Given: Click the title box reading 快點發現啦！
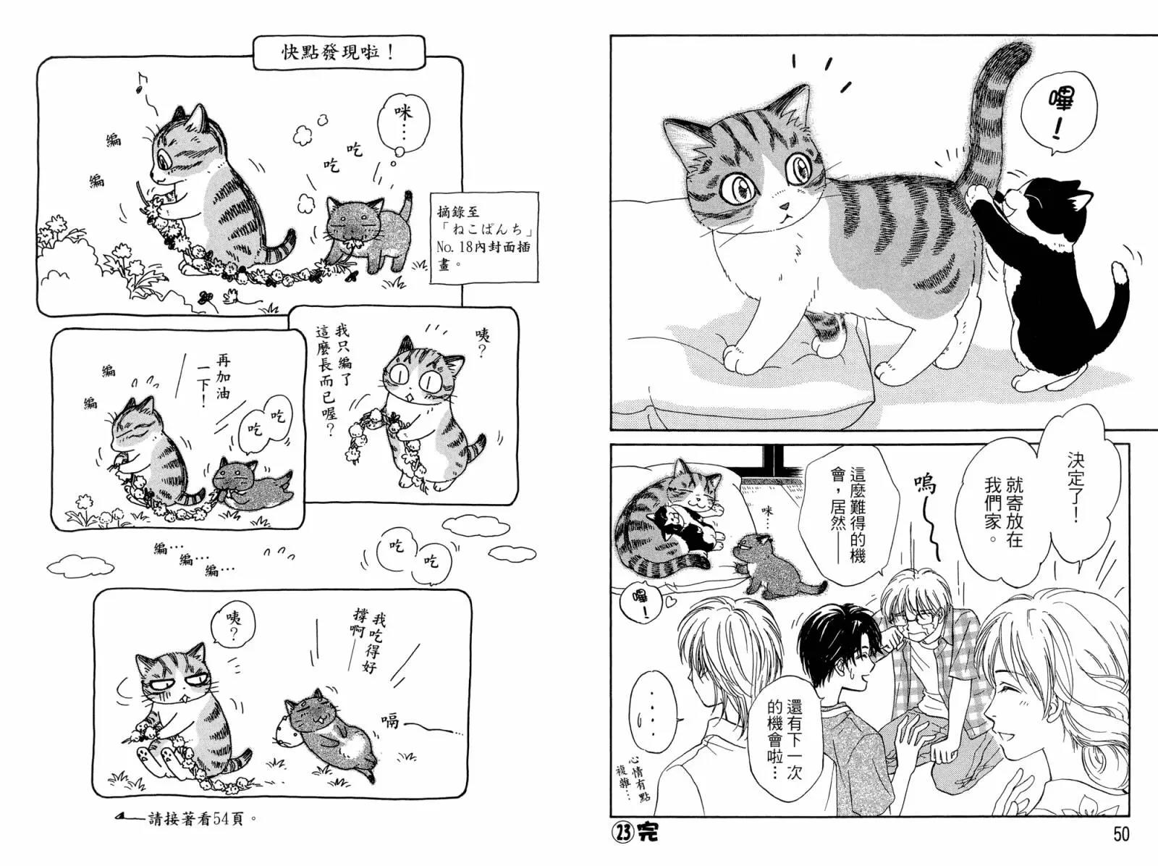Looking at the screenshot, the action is click(339, 53).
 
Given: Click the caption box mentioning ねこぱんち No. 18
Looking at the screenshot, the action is click(485, 237).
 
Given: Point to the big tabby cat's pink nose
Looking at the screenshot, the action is click(784, 206).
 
